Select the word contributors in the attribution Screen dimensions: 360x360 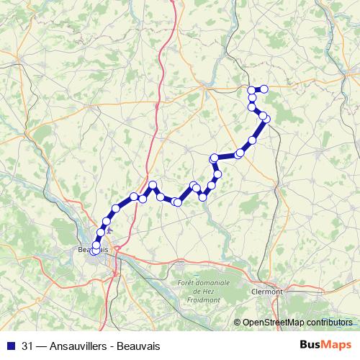tap(330, 323)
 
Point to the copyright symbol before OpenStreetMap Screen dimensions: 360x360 tap(238, 323)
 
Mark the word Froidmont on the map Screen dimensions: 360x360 tap(203, 300)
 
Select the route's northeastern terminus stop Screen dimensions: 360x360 tap(264, 89)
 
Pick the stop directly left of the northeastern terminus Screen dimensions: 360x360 tap(252, 89)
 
